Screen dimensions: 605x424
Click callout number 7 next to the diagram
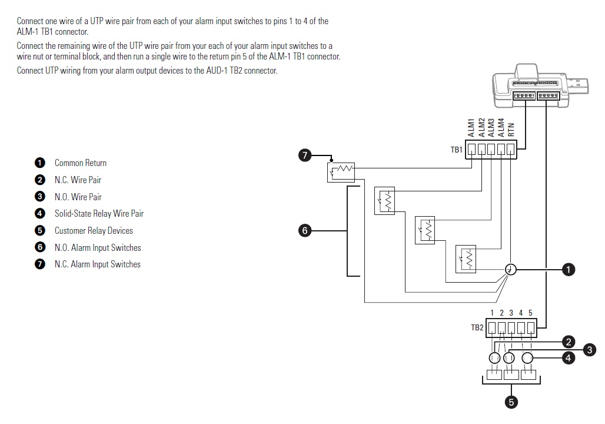(304, 155)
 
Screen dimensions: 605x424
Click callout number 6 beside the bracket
(304, 231)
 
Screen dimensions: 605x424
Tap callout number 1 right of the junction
(569, 270)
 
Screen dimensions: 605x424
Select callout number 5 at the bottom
(511, 403)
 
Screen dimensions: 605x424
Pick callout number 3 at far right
(590, 350)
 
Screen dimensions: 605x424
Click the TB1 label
(457, 150)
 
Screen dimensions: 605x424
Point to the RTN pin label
(510, 130)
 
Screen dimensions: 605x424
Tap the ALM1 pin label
(471, 127)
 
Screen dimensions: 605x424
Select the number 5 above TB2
(530, 313)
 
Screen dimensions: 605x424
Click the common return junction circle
(510, 270)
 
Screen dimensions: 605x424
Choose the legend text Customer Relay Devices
(94, 231)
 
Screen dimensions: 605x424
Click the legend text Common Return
(81, 163)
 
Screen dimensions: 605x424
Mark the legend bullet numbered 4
(39, 214)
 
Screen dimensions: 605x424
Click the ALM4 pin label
(501, 127)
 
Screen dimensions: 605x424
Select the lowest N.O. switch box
(466, 259)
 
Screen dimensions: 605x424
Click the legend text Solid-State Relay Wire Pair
(99, 214)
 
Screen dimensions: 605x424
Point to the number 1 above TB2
(492, 313)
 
